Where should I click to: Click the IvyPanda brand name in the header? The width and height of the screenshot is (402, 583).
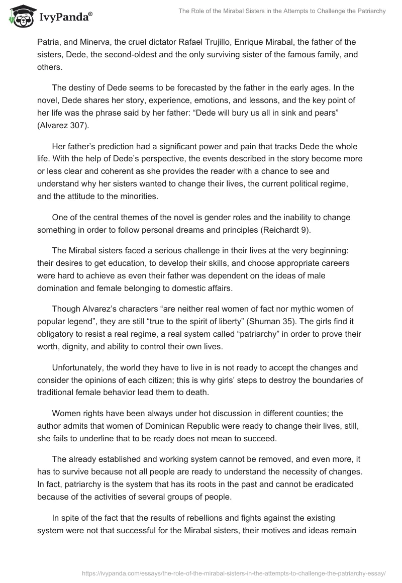[x=65, y=17]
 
